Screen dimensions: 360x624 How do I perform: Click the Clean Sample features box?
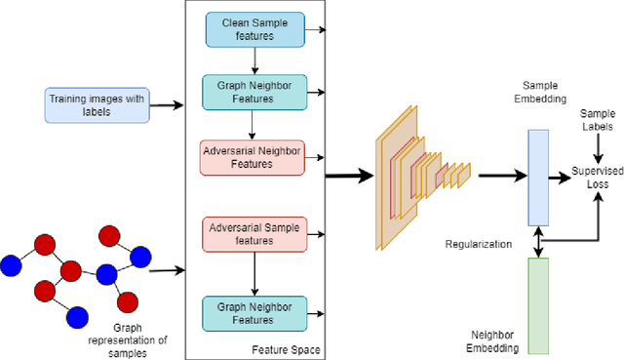pyautogui.click(x=253, y=29)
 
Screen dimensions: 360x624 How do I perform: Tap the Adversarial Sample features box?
pyautogui.click(x=253, y=233)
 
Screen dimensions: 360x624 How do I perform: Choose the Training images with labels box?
pyautogui.click(x=96, y=105)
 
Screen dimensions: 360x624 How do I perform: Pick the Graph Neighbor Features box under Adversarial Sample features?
pyautogui.click(x=253, y=312)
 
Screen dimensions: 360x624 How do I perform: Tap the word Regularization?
pyautogui.click(x=478, y=244)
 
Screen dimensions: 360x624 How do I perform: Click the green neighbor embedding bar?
pyautogui.click(x=538, y=299)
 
